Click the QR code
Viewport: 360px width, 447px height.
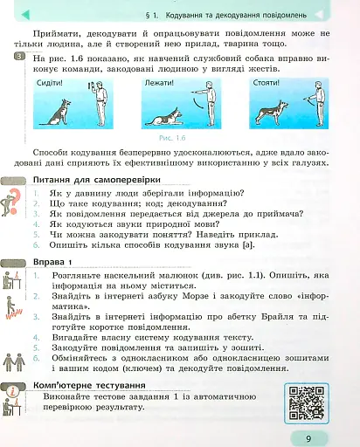(x=305, y=400)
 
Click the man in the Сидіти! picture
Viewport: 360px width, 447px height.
(x=100, y=103)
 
